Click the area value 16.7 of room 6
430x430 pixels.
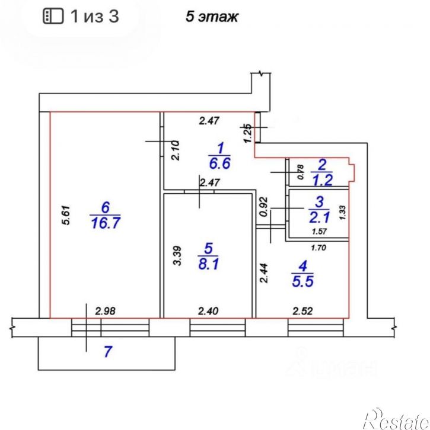pos(106,223)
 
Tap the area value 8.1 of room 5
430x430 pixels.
pos(208,265)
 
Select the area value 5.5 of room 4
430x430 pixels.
pos(302,282)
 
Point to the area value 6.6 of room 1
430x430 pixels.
pos(219,163)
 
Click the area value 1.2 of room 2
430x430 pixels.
pos(322,180)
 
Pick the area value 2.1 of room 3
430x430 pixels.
pos(319,218)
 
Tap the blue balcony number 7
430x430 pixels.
pos(108,352)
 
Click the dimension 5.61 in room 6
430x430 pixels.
pos(66,215)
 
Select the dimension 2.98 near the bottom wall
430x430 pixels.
pos(106,311)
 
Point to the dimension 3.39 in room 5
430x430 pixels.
pos(177,256)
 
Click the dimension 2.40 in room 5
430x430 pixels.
pos(208,311)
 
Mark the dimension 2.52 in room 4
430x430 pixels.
pos(302,311)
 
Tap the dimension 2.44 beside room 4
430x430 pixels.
pos(264,273)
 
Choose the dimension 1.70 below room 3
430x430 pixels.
pos(318,248)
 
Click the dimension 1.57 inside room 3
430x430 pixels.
pos(319,232)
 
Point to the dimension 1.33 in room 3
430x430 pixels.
pos(343,213)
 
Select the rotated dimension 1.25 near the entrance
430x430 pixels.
pos(247,133)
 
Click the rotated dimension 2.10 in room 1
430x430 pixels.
pos(175,150)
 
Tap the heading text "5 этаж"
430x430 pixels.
pos(212,17)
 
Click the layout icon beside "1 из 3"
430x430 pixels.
pos(53,16)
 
